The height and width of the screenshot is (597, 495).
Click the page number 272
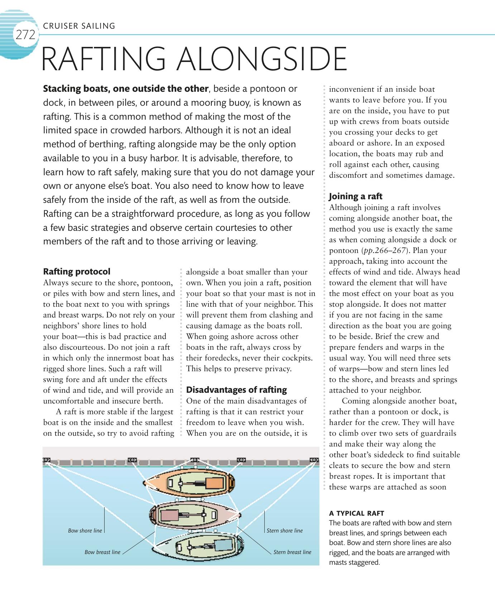click(25, 35)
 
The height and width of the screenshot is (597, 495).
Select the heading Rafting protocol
click(77, 272)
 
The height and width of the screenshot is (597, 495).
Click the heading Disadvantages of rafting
click(236, 390)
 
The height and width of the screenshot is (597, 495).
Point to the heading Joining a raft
click(355, 196)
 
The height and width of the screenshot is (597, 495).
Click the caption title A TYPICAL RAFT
click(356, 513)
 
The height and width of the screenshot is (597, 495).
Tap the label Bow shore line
click(85, 531)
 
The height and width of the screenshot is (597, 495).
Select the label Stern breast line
click(292, 552)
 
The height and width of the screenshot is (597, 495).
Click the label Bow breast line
click(102, 552)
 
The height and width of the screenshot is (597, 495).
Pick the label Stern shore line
click(284, 531)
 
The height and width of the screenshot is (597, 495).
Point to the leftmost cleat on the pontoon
click(47, 460)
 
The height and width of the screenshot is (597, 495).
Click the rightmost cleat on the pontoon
click(314, 460)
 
